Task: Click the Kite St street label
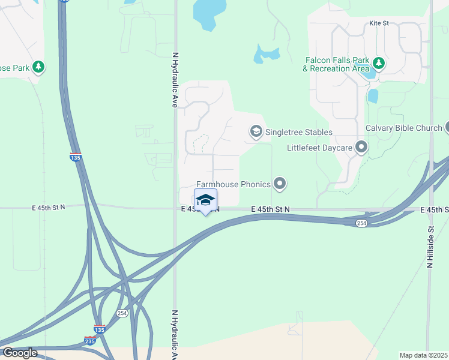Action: [379, 23]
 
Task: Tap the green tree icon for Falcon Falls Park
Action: [379, 63]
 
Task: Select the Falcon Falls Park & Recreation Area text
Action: [336, 64]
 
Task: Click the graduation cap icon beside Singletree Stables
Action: [256, 131]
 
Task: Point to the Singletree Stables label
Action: [298, 132]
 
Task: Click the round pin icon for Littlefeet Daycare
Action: [361, 147]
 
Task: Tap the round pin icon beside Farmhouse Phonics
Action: [279, 183]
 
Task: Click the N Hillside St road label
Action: [430, 245]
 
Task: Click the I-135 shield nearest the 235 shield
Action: [100, 329]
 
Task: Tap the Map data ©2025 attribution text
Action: [423, 355]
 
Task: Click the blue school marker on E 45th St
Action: [205, 200]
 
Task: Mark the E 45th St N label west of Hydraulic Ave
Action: [48, 207]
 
